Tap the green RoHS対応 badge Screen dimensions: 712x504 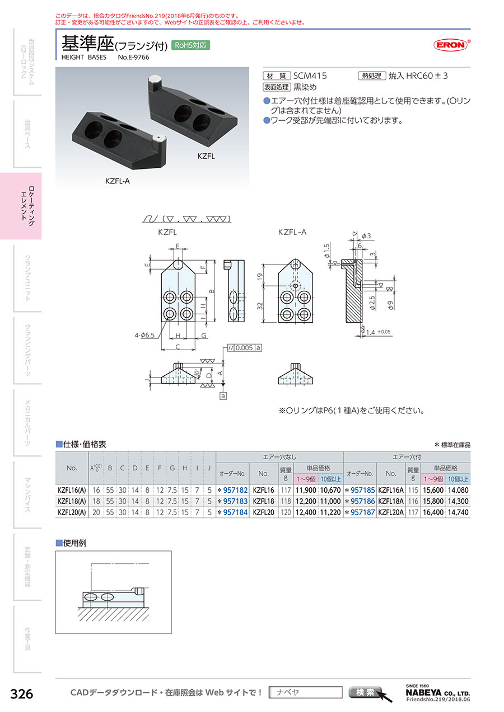click(x=191, y=45)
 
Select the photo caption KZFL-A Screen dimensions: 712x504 click(x=118, y=181)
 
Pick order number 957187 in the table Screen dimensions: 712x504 click(x=362, y=512)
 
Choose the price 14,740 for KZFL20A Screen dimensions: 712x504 click(x=458, y=512)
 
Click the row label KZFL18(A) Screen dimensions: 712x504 click(x=72, y=501)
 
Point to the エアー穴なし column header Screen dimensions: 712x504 click(x=279, y=456)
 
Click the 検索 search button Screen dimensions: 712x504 click(x=365, y=692)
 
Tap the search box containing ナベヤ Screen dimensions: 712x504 click(x=305, y=692)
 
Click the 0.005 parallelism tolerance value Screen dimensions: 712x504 click(x=244, y=348)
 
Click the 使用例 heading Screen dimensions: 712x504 click(x=75, y=543)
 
